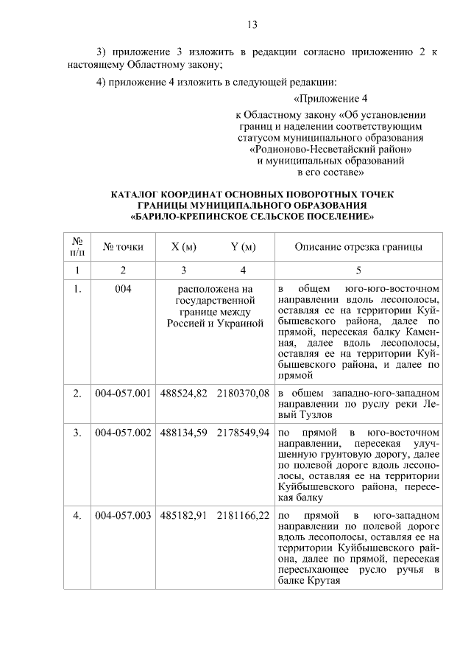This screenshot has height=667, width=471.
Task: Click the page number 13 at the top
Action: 252,25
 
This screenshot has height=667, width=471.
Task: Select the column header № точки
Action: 123,247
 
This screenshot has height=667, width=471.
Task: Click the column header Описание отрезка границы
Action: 358,247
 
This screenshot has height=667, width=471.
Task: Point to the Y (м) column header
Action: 243,247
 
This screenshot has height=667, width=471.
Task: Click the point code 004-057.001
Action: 123,394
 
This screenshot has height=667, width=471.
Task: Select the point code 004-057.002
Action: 123,431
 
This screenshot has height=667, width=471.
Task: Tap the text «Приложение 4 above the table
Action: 329,98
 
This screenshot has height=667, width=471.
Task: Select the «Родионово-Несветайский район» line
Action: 330,149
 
